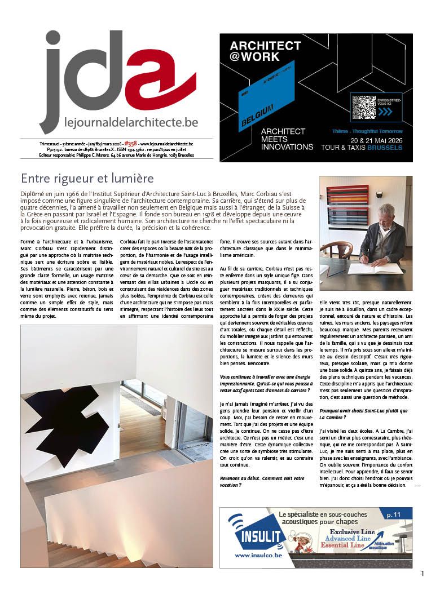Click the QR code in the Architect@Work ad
tap(363, 107)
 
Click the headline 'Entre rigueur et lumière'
tap(87, 179)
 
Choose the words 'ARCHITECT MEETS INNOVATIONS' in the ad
tap(287, 139)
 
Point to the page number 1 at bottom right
tap(422, 574)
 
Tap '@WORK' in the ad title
tap(254, 57)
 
